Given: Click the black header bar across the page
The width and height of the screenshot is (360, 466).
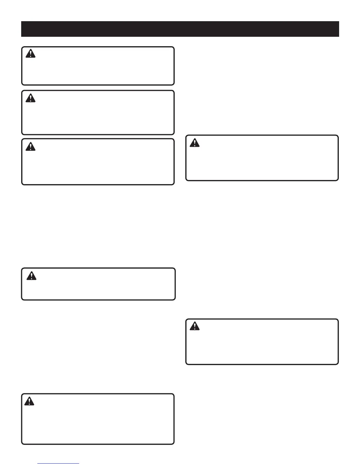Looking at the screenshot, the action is click(x=180, y=29).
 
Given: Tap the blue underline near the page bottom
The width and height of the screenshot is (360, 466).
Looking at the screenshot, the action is click(x=59, y=464).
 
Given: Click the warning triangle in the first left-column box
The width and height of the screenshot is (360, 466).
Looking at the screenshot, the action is click(x=30, y=54).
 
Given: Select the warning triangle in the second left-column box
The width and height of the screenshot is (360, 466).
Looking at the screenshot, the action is click(x=30, y=98).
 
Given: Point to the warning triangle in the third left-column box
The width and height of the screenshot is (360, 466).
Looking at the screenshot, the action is click(x=30, y=146).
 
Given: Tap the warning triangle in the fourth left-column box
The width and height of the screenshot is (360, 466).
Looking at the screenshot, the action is click(x=31, y=276).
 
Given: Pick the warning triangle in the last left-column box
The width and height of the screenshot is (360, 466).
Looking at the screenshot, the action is click(x=29, y=401).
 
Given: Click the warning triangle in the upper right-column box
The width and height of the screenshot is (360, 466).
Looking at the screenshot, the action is click(x=194, y=143).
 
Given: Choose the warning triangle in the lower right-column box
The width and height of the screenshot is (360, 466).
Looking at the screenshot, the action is click(x=194, y=326).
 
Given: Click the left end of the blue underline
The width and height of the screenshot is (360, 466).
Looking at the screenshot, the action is click(x=39, y=464).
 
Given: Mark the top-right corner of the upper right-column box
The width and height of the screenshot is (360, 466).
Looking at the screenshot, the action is click(x=337, y=136).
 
